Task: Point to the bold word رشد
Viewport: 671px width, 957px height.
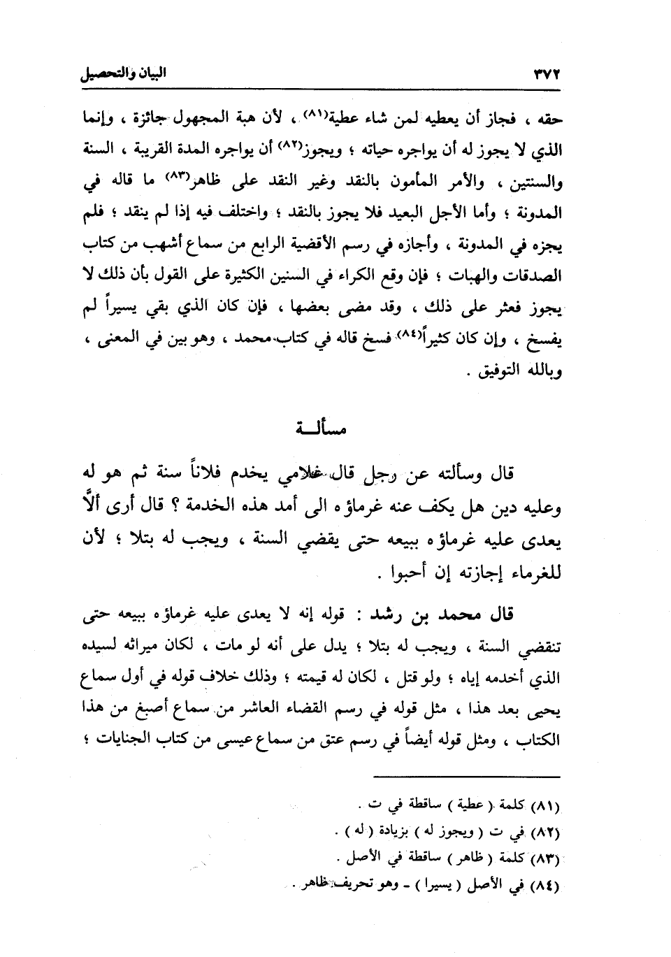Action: click(387, 616)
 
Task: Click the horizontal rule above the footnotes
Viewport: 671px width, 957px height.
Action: click(466, 777)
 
